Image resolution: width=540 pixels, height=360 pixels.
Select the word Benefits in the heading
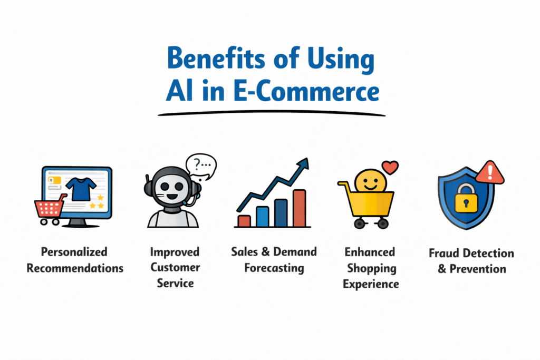click(216, 58)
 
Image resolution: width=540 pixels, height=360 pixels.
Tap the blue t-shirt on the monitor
click(81, 189)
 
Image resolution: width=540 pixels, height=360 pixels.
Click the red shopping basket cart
click(50, 209)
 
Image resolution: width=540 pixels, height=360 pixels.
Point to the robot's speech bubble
click(201, 167)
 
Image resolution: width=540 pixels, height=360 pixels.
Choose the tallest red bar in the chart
click(300, 208)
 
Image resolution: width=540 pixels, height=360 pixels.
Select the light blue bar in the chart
click(263, 217)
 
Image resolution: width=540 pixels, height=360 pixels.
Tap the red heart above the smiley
click(390, 167)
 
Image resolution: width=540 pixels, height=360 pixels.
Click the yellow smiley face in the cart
click(371, 181)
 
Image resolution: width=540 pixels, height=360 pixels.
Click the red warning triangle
click(490, 172)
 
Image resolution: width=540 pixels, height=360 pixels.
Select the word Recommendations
click(75, 268)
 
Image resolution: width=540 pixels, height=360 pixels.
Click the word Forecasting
click(274, 268)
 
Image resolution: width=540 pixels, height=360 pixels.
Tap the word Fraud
click(444, 254)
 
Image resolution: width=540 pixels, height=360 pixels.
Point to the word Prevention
click(478, 269)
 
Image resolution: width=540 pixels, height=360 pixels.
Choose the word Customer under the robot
click(175, 267)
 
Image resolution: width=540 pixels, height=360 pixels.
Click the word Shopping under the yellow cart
click(372, 268)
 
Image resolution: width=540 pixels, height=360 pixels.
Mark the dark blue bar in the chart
click(281, 213)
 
